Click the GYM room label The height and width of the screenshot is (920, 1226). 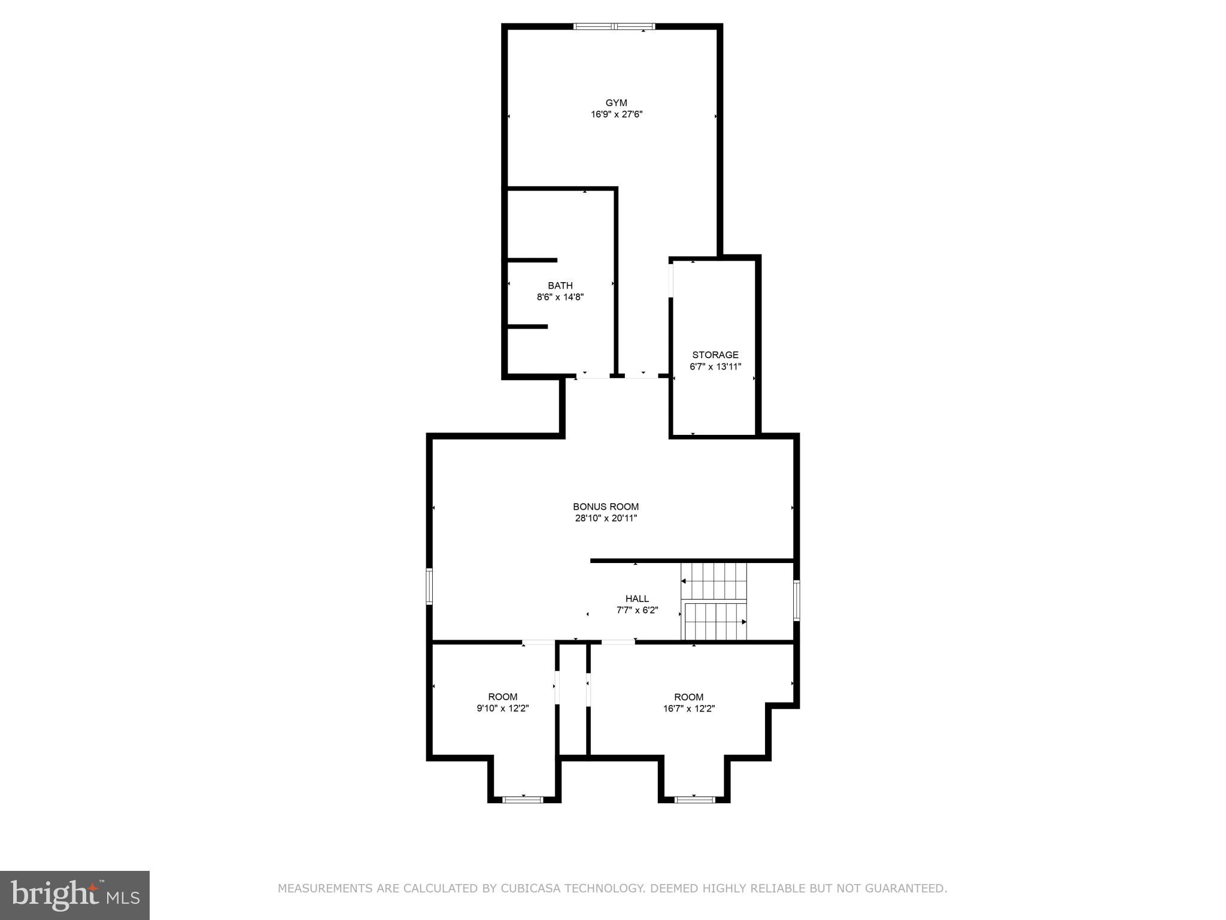point(616,103)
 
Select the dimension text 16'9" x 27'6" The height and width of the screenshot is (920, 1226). point(616,114)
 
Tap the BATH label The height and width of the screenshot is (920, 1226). point(560,286)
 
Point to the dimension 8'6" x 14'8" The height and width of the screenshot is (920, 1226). point(560,297)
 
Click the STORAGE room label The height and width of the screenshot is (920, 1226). point(715,355)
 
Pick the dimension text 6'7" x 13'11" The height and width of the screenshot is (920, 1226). point(715,367)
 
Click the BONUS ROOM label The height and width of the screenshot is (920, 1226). point(606,507)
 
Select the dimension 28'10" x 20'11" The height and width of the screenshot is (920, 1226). point(606,519)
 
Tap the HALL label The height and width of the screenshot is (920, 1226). point(637,598)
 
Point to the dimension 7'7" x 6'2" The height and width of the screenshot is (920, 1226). point(637,610)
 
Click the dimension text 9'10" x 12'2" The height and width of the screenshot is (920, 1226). point(502,709)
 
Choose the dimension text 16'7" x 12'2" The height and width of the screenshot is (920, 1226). point(688,709)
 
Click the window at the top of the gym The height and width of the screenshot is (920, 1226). point(614,26)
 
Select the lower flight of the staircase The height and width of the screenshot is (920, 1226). point(715,622)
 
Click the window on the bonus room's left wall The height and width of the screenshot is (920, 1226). point(429,586)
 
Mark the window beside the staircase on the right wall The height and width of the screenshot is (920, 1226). point(796,600)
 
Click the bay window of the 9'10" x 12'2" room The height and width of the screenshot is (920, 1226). point(523,799)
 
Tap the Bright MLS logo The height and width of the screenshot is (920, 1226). point(74,895)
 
